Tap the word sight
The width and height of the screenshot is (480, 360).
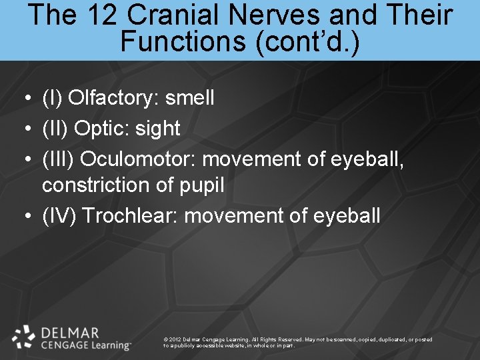157,128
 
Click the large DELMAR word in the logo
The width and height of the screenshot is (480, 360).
70,332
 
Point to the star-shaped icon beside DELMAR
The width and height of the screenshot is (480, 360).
24,337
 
